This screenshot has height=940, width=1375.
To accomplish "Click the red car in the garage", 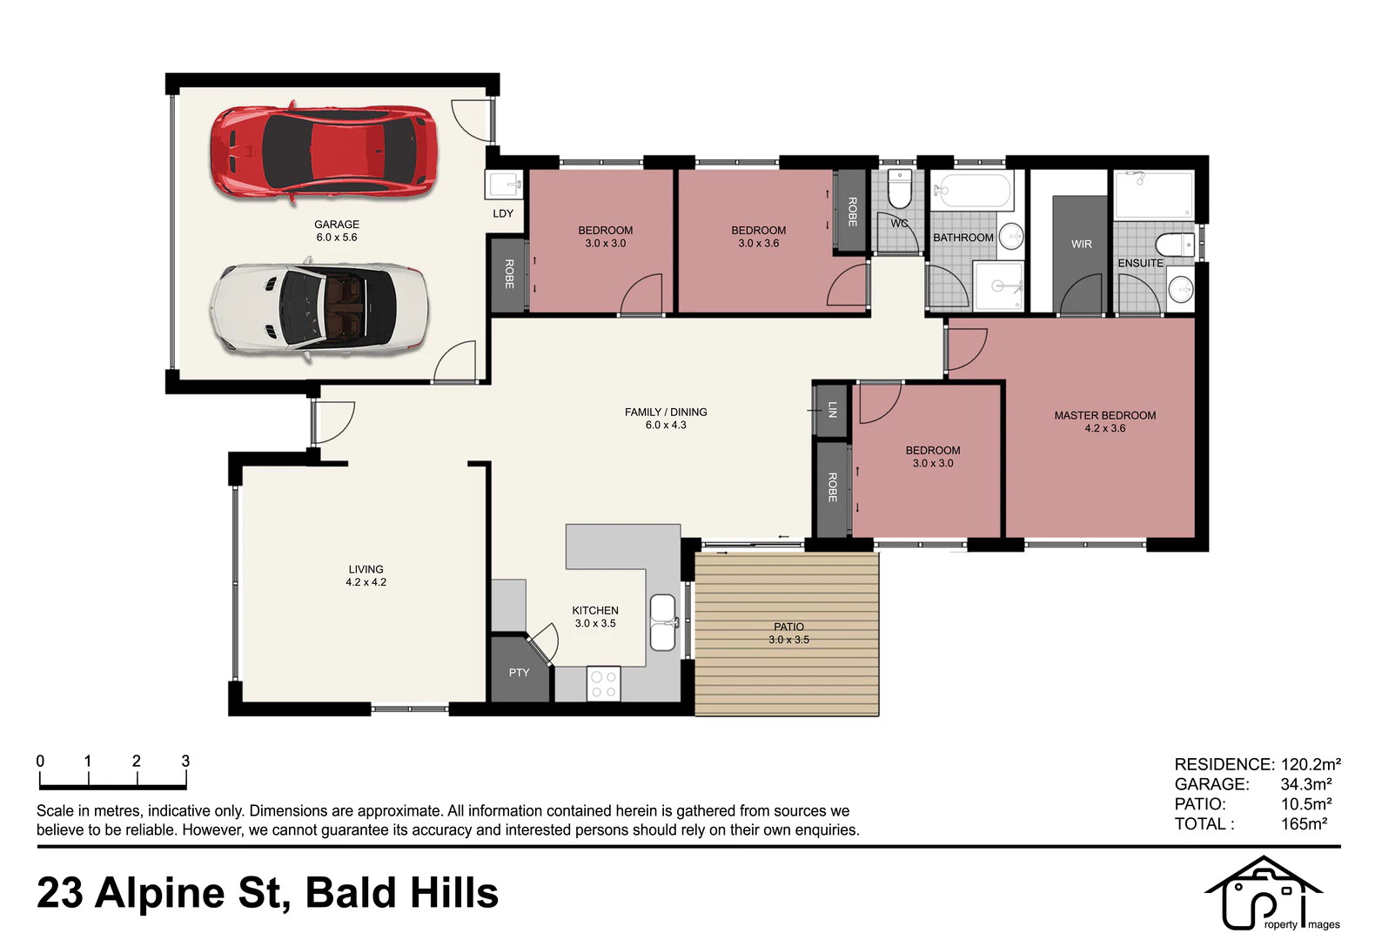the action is pos(324,151).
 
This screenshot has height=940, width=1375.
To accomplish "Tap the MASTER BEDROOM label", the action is pos(1105,416).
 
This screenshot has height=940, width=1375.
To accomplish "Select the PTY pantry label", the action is pos(519,673).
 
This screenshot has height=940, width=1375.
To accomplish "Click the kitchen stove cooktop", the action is pos(603,683).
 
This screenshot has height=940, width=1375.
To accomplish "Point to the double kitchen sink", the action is pos(663,622).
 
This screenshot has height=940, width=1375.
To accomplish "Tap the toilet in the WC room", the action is pos(901,190).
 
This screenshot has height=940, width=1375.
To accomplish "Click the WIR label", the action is pos(1082,245).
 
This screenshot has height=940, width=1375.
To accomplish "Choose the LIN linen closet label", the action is pos(832,410).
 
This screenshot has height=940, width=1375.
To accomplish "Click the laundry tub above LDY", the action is pos(503,185).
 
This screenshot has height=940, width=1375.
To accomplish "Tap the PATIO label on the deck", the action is pos(788,627).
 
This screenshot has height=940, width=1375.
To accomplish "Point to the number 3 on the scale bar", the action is pos(185,762).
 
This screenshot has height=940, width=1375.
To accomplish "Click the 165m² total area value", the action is pos(1304,824).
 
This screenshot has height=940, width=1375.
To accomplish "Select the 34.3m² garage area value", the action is pos(1306,784).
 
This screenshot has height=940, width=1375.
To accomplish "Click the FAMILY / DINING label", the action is pos(666,413).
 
